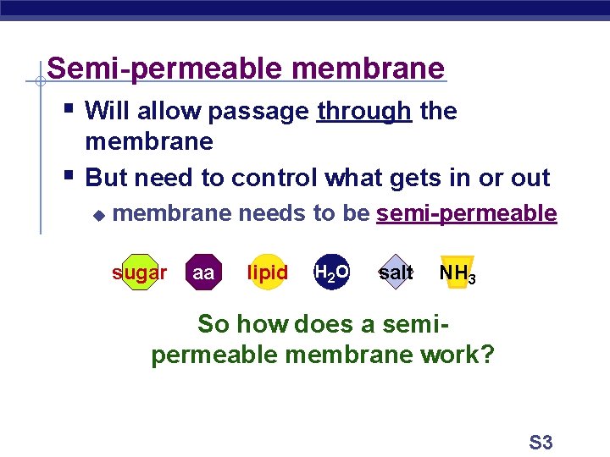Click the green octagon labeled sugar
139,273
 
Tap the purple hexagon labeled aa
203,273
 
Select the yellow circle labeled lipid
268,273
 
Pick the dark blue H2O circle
331,273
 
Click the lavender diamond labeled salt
396,273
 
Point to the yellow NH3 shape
457,273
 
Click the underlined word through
363,111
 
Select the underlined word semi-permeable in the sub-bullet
467,213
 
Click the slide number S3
541,442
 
